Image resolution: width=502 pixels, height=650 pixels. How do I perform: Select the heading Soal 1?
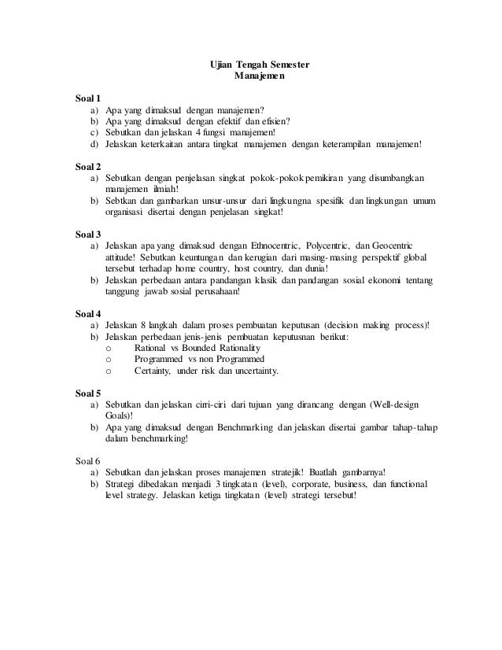[87, 99]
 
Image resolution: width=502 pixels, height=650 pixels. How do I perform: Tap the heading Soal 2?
[87, 167]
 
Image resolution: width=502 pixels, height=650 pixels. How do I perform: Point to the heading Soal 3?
[87, 235]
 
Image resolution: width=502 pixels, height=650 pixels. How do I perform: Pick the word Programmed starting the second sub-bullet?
[160, 360]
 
